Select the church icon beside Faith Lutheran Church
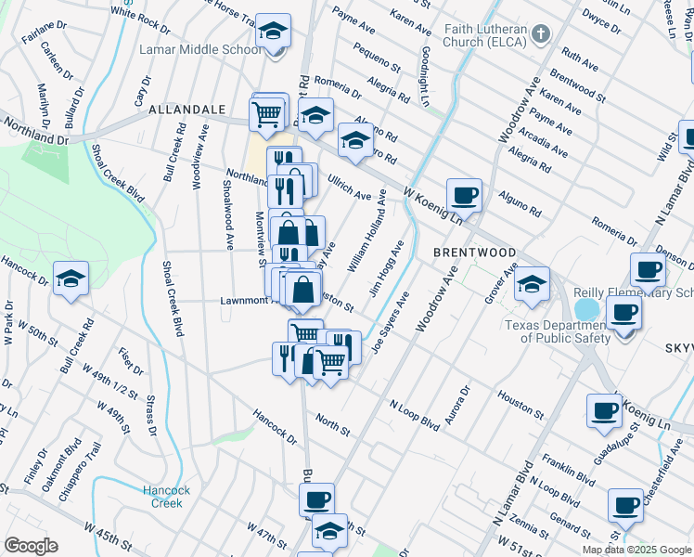(x=543, y=33)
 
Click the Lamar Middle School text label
(x=200, y=50)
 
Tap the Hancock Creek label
(x=167, y=497)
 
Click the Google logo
(x=31, y=545)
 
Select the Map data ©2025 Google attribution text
(x=636, y=550)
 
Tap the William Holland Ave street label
(x=366, y=240)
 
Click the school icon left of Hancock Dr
(x=71, y=278)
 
